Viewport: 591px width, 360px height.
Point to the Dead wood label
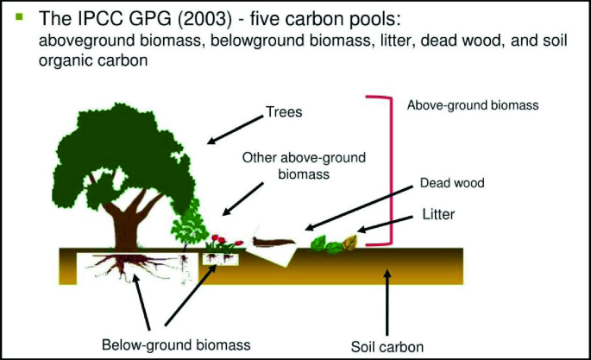[451, 183]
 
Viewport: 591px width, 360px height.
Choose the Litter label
[439, 212]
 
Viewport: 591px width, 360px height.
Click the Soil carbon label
[387, 347]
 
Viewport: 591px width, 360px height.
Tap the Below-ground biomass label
[176, 344]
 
